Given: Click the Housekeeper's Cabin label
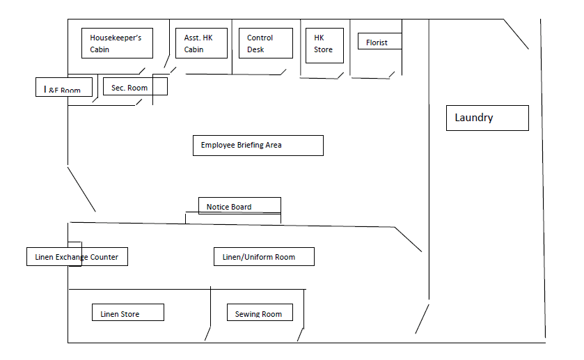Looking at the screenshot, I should tap(116, 44).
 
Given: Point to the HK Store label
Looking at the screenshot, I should tap(324, 44).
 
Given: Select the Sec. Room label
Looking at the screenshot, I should tap(135, 87).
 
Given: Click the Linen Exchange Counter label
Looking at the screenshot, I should tap(77, 257).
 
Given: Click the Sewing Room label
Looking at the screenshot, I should tap(260, 313).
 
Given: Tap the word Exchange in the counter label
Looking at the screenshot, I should tap(77, 257).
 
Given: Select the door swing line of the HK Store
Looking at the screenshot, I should tap(340, 75).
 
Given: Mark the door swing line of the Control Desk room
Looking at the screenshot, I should tap(283, 71).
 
